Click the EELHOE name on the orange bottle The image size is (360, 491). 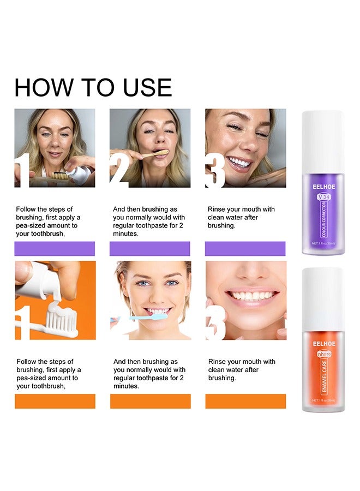pos(323,344)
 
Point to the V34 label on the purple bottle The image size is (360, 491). pos(323,196)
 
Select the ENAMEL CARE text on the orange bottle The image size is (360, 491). pos(323,377)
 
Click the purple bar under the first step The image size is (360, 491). pos(55,249)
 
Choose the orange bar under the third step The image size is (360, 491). pos(245,401)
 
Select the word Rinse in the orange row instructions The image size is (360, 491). pos(218,362)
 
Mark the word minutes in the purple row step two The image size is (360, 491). pos(125,233)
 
